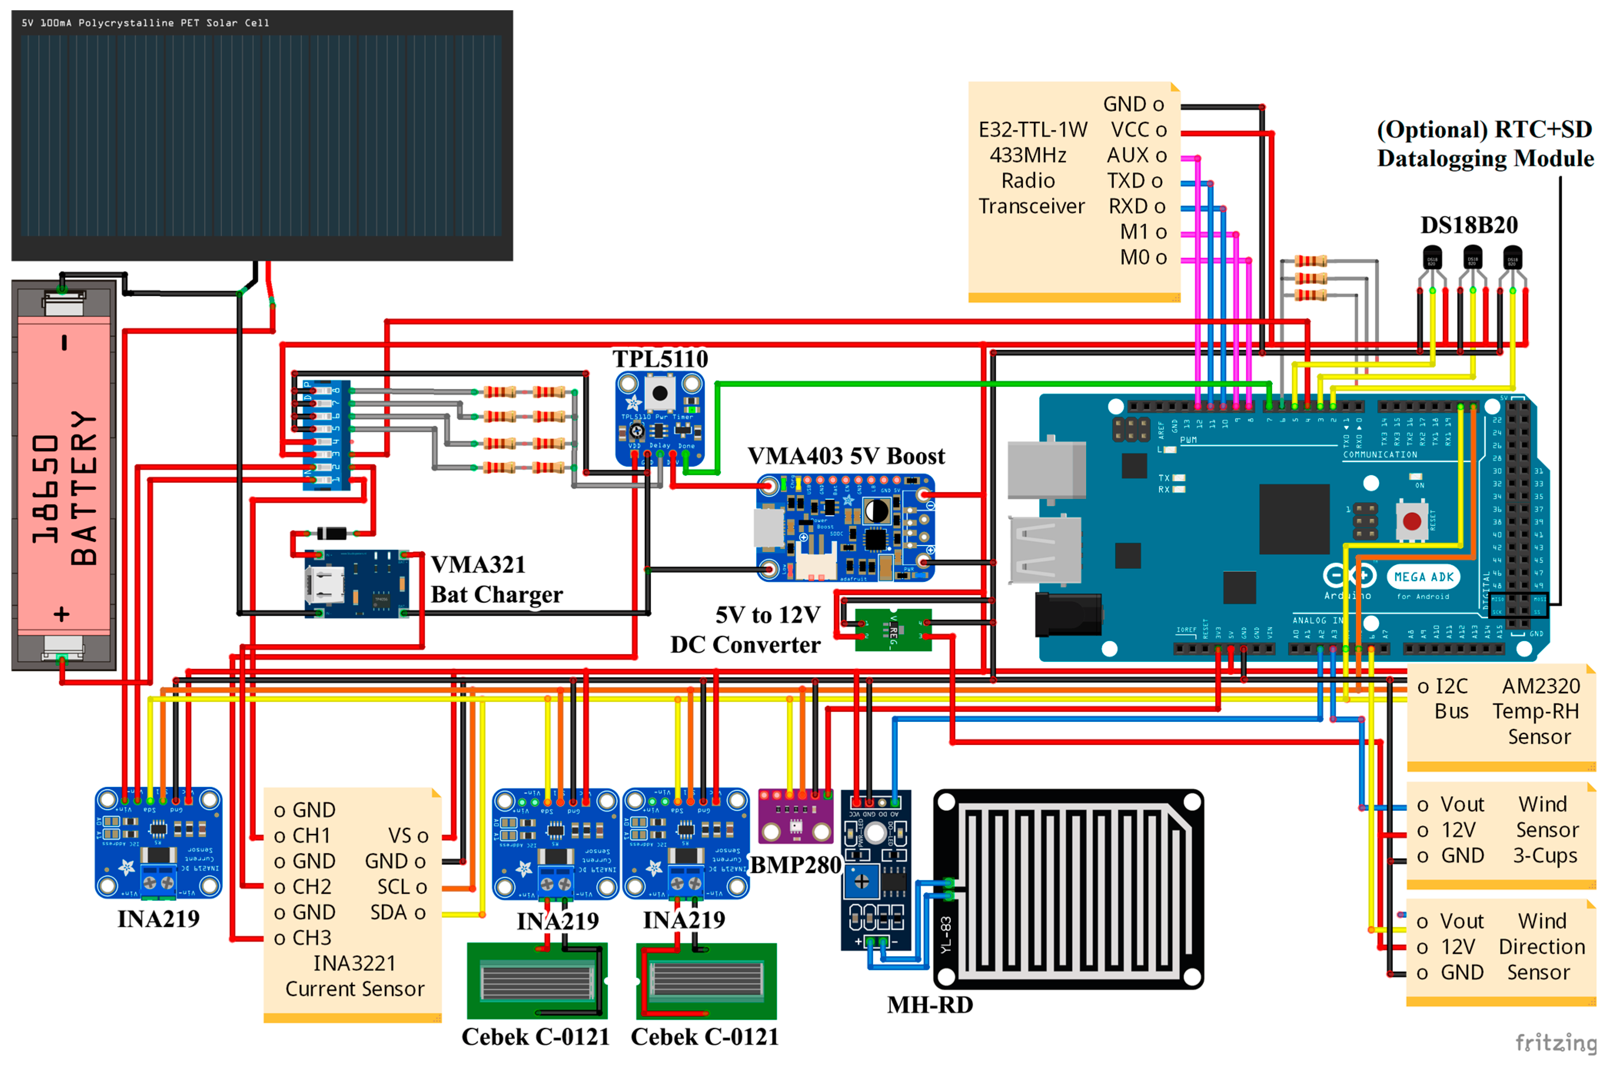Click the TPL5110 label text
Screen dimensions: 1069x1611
[660, 359]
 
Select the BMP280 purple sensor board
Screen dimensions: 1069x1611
[795, 816]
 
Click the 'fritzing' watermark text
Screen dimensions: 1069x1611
[1555, 1042]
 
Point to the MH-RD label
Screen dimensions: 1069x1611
[930, 1004]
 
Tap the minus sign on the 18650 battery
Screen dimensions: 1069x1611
[64, 342]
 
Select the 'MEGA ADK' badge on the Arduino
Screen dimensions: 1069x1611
[1423, 577]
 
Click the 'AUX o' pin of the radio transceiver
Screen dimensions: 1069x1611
[1136, 155]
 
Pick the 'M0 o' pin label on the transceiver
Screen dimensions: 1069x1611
[1143, 258]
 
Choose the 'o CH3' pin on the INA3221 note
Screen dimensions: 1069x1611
[302, 938]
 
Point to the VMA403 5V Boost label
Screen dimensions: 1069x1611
[846, 456]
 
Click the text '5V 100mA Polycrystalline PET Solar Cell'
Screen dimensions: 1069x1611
[145, 23]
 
